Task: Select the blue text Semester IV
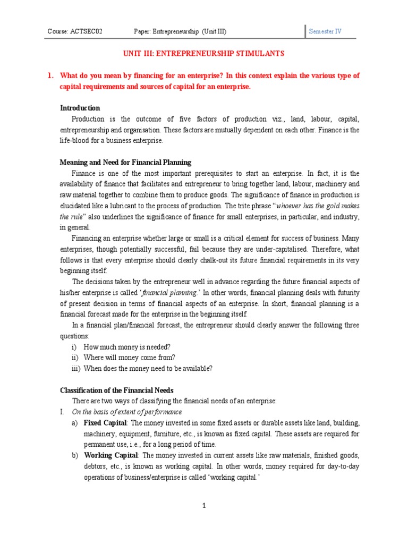(x=325, y=31)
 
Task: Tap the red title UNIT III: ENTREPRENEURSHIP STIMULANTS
(x=204, y=54)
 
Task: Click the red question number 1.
(x=50, y=76)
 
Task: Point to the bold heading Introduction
(x=80, y=108)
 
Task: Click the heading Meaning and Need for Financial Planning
(x=125, y=162)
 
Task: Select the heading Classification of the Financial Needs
(x=116, y=390)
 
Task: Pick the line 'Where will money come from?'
(x=127, y=358)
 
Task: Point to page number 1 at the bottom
(x=204, y=505)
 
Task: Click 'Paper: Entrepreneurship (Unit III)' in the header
(x=180, y=31)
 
